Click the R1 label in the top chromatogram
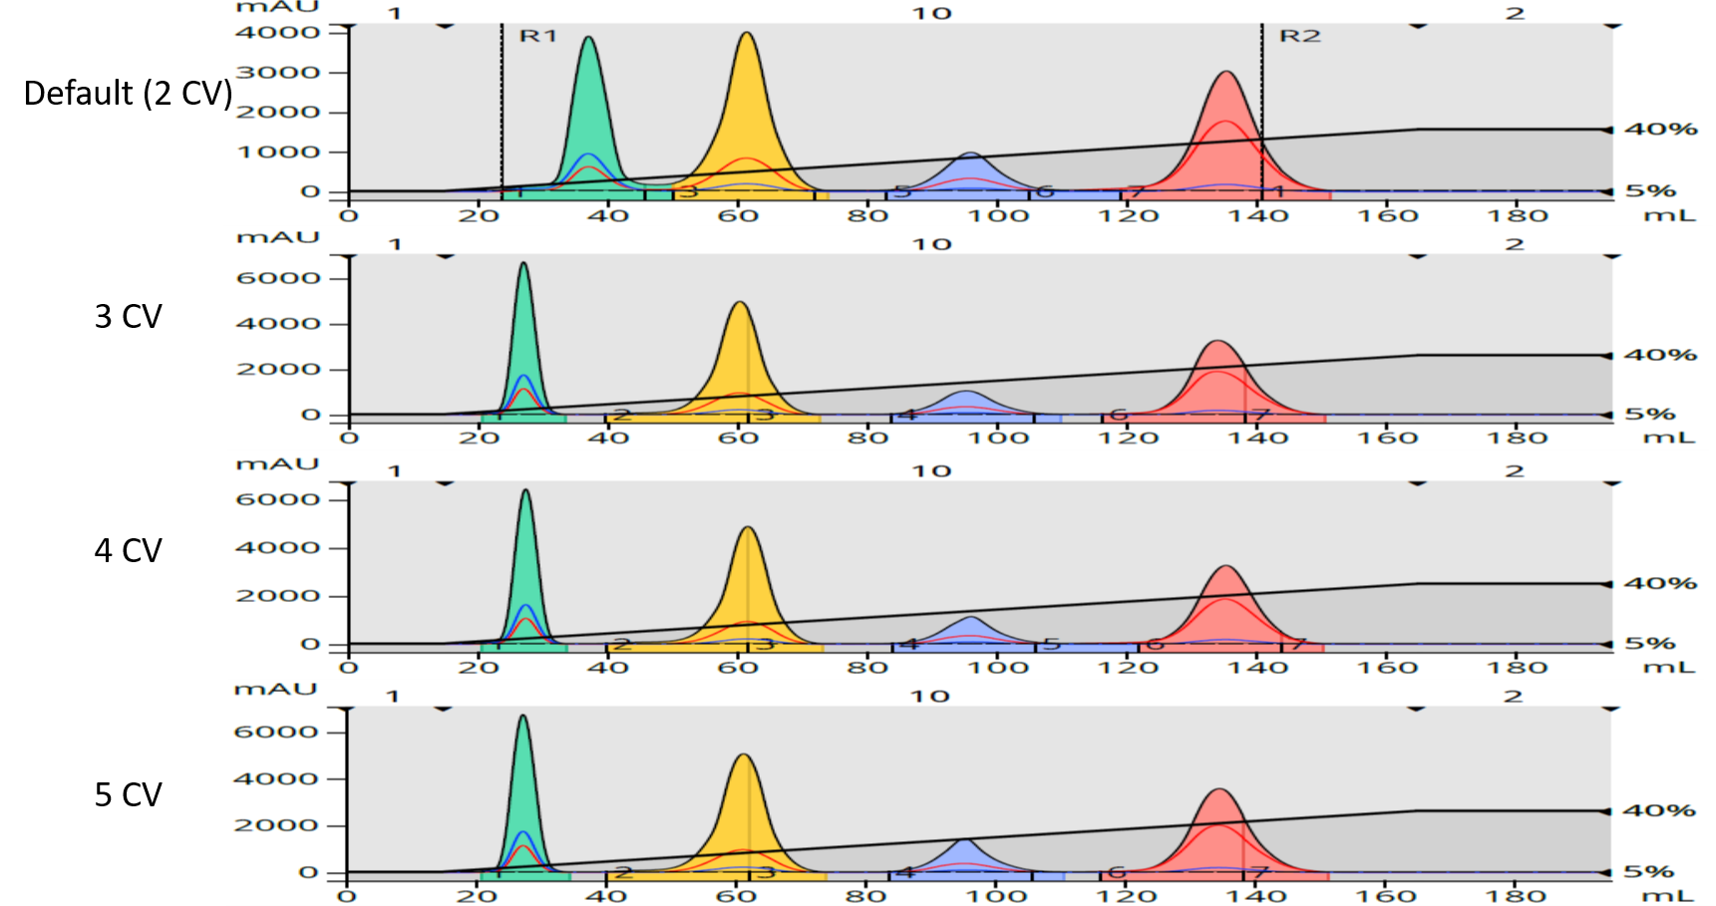pos(538,36)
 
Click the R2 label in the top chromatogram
pos(1299,36)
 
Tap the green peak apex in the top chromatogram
pos(589,38)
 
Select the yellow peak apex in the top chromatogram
pos(747,34)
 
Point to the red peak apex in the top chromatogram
pos(1226,72)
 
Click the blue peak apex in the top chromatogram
pos(970,153)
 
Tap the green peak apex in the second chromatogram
pos(523,264)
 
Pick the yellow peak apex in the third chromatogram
pos(748,527)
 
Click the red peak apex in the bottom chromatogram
pos(1219,790)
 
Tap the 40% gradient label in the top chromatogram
pos(1660,129)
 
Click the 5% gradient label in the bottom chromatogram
pos(1649,872)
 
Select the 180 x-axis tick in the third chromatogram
pos(1517,667)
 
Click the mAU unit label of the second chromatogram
pos(276,237)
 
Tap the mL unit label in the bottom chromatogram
pos(1667,895)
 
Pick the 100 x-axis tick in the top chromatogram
pos(998,215)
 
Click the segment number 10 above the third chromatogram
pos(932,470)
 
